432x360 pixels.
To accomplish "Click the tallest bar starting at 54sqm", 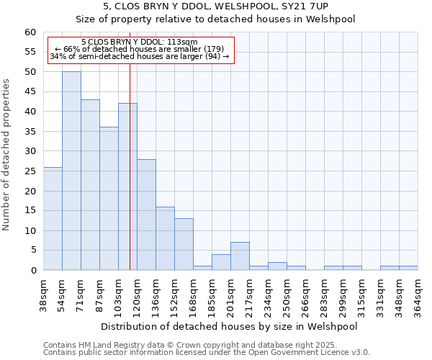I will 71,171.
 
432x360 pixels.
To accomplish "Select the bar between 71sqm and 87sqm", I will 90,185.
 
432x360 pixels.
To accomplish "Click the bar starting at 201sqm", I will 240,256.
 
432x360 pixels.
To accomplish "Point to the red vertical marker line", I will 130,180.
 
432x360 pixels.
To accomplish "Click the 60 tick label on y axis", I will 30,32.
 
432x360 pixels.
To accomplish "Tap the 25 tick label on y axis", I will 30,171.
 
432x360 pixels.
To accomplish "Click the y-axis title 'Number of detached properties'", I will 7,155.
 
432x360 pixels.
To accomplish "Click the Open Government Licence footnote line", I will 207,353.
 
